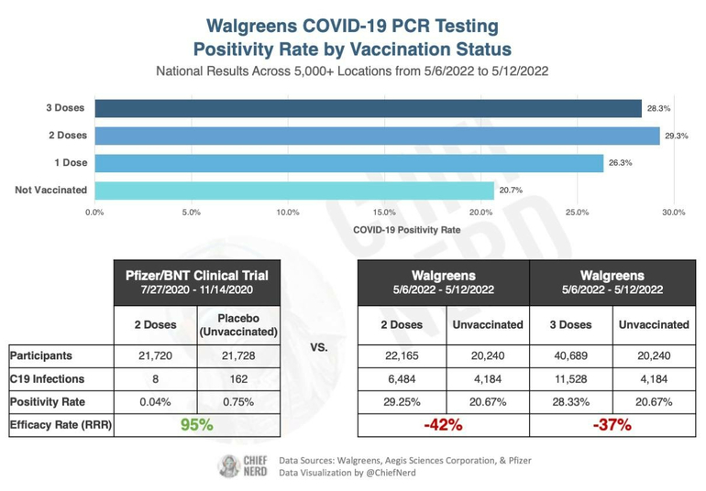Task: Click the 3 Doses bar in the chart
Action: tap(367, 108)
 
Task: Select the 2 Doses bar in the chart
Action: tap(376, 136)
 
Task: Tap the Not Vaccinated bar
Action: tap(293, 191)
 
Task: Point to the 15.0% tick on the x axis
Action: tap(384, 213)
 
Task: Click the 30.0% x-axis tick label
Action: tap(673, 213)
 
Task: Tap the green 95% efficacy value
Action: tap(197, 426)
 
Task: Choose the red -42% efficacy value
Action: tap(444, 426)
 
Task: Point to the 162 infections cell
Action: tap(238, 378)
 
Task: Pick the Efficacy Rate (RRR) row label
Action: tap(60, 426)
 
